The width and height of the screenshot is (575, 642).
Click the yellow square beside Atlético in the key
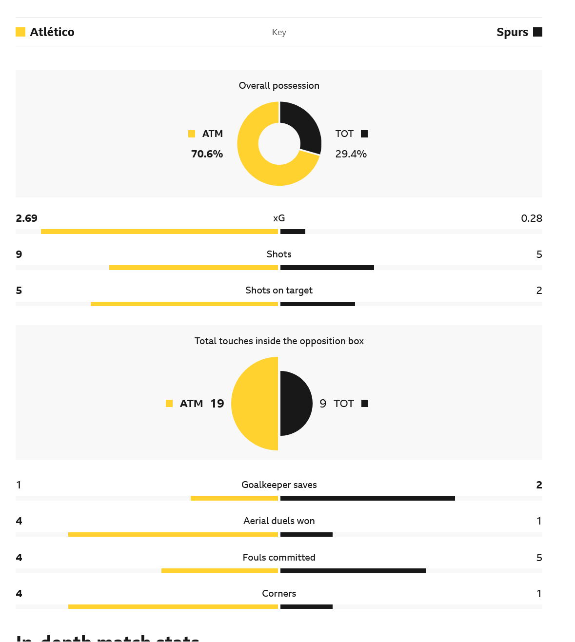pos(20,32)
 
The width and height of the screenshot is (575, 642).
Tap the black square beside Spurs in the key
pos(537,32)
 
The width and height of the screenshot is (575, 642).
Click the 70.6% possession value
pos(207,154)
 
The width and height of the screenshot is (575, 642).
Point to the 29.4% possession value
pos(351,154)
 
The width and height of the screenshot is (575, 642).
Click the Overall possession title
pos(279,86)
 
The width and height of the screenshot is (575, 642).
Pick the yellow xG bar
pos(159,232)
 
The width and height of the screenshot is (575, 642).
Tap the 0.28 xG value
pos(531,218)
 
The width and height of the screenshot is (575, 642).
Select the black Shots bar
pos(327,268)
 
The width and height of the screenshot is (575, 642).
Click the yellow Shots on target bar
pos(184,304)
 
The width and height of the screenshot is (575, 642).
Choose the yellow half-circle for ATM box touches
pos(254,404)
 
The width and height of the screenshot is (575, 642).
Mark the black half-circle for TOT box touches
pos(296,404)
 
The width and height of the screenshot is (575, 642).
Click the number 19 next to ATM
pos(217,404)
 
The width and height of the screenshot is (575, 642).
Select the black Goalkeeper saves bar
pos(368,498)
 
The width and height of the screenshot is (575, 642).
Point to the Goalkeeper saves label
pos(279,485)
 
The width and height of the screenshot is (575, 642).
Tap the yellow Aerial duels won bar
pos(173,534)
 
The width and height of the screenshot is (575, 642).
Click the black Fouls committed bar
pos(353,571)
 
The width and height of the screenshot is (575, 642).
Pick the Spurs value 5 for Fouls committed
pos(539,558)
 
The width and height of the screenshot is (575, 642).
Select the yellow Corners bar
pos(173,607)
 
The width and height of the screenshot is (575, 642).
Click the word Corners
pos(279,594)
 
